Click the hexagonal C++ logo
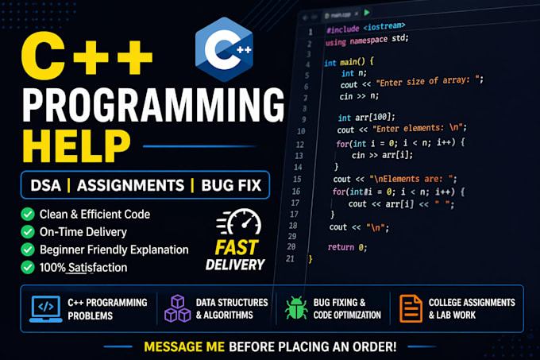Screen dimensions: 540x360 pos(224,49)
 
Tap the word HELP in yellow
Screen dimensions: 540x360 pos(76,146)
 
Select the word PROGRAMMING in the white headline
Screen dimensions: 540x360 pos(153,104)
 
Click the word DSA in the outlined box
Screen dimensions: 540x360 pos(45,185)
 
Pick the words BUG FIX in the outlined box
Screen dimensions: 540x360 pos(231,185)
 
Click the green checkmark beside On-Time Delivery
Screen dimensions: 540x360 pos(28,232)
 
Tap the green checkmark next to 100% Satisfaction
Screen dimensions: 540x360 pos(28,267)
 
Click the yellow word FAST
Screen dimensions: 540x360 pos(237,247)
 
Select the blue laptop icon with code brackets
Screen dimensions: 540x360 pos(46,308)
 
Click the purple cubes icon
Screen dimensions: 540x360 pos(177,308)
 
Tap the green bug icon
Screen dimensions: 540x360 pos(296,308)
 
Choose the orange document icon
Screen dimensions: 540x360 pos(411,308)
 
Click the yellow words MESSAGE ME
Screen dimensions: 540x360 pos(184,347)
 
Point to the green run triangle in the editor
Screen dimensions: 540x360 pos(367,13)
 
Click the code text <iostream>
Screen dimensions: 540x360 pos(384,26)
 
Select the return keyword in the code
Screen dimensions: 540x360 pos(341,247)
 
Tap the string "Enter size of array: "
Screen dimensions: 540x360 pos(429,81)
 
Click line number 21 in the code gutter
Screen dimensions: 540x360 pos(290,259)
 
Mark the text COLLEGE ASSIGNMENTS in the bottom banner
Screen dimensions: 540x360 pos(472,303)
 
